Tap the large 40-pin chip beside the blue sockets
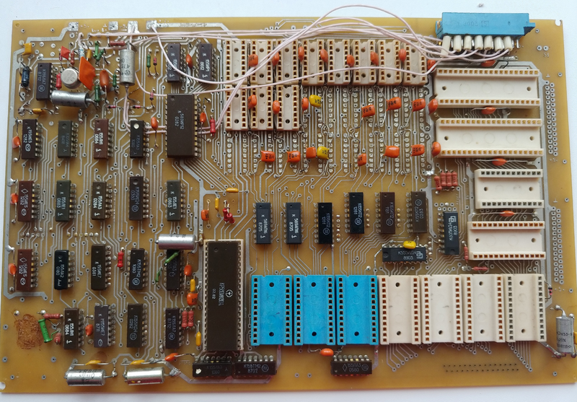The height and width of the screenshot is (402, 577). pyautogui.click(x=223, y=295)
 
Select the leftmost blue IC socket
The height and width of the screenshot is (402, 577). pyautogui.click(x=271, y=309)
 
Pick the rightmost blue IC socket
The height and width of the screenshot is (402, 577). pyautogui.click(x=356, y=309)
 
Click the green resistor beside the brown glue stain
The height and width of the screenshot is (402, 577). pyautogui.click(x=47, y=331)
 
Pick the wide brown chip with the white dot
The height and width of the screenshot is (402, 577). pyautogui.click(x=181, y=124)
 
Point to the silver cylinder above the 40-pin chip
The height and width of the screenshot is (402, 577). pyautogui.click(x=176, y=242)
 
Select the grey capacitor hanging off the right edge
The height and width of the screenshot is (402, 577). pyautogui.click(x=565, y=333)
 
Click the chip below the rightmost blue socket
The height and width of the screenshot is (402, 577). pyautogui.click(x=351, y=364)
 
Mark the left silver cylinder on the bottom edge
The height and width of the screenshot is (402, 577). pyautogui.click(x=85, y=374)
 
